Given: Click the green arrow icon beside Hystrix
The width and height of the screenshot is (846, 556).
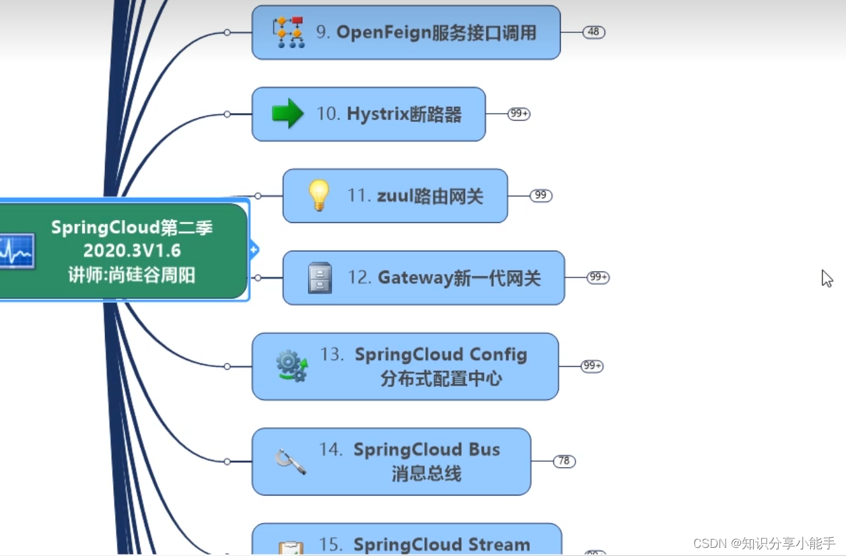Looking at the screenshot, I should (x=288, y=113).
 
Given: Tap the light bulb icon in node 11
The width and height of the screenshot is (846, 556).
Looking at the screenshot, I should (x=318, y=196).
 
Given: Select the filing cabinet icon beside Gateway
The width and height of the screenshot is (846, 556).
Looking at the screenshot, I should (x=320, y=277).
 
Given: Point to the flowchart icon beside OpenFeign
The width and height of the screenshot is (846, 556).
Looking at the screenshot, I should (x=289, y=32).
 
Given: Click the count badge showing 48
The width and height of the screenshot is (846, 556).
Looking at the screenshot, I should (x=593, y=32).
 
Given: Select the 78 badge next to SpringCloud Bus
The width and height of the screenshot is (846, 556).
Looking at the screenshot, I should (x=564, y=461).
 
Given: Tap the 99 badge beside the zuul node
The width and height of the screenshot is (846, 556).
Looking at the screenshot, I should (x=540, y=196).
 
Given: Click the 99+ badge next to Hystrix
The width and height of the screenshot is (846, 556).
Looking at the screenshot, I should (x=519, y=114).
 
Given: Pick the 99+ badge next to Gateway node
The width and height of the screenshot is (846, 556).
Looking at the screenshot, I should (x=598, y=277).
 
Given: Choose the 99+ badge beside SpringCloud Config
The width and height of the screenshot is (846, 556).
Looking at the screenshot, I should (x=592, y=366).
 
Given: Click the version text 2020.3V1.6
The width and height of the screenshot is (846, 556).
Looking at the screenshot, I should (x=132, y=250).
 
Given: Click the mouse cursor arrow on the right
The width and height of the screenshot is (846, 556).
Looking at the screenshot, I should (x=826, y=278).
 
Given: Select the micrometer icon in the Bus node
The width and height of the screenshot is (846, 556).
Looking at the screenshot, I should (x=291, y=461).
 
